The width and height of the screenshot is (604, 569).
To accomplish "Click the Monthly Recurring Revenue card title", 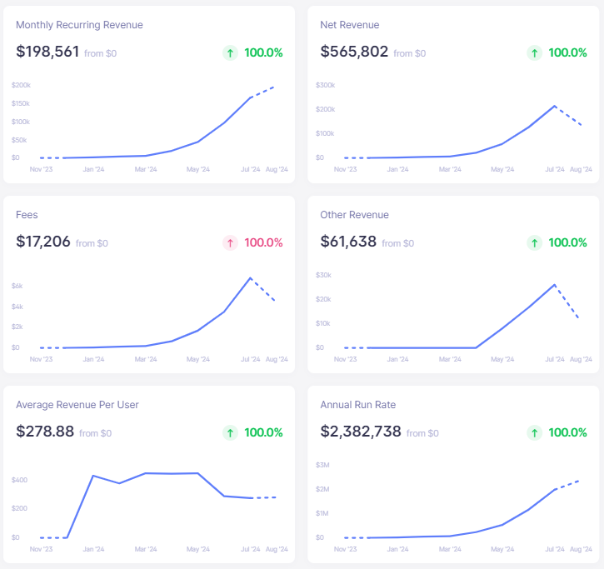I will click(x=79, y=25).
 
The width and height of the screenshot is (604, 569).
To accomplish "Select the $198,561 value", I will click(x=47, y=52).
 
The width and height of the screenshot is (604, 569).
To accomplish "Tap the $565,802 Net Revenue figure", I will click(x=354, y=52).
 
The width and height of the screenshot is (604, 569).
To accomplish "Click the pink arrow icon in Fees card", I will click(x=230, y=242).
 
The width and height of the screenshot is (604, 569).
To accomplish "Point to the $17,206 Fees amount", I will click(x=43, y=242).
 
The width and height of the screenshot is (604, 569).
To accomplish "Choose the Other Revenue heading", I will click(x=354, y=215).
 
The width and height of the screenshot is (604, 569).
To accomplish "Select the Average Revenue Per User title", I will click(x=77, y=405).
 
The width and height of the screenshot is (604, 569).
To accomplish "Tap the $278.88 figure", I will click(x=45, y=432).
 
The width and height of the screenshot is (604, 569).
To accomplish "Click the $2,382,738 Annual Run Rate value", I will click(x=361, y=432).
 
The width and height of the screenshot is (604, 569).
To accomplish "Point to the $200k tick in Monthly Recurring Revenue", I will click(x=21, y=85).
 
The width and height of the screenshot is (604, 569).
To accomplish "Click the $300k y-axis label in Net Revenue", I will click(x=325, y=85).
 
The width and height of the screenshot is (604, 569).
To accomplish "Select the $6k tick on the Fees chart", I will click(x=17, y=286).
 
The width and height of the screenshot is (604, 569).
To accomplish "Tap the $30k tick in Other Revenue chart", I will click(x=323, y=275).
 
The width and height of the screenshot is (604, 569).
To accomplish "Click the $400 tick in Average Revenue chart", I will click(x=20, y=480).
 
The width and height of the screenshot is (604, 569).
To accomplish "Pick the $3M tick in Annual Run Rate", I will click(x=322, y=465).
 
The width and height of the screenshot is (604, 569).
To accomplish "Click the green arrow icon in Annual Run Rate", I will click(x=534, y=432).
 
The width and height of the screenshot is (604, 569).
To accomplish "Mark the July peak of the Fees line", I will click(x=249, y=277).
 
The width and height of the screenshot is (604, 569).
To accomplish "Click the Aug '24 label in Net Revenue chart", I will click(x=580, y=169).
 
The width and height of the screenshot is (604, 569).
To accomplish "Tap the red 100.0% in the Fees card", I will click(x=263, y=242).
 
